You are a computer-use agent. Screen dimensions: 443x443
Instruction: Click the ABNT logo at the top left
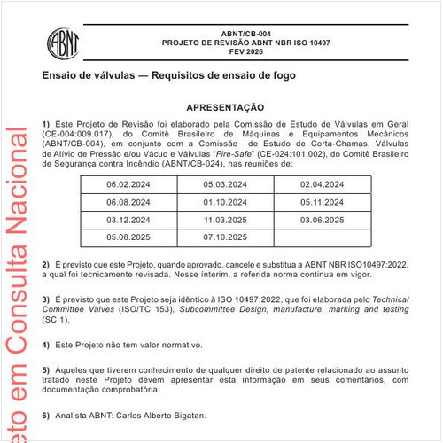tap(65, 40)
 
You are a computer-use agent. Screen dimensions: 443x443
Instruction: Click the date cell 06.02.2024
tap(129, 184)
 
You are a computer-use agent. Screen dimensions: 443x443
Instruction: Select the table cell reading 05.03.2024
tap(226, 184)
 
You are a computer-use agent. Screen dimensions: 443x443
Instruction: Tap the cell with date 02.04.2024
tap(323, 184)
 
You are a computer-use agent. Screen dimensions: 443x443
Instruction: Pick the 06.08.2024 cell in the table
tap(129, 202)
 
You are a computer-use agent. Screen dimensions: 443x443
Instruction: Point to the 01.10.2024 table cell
tap(226, 202)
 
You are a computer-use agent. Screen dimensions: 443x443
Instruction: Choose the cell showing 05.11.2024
tap(323, 202)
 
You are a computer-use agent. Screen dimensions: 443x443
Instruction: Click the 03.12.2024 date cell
tap(129, 219)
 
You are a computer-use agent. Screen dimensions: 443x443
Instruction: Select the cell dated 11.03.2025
tap(226, 219)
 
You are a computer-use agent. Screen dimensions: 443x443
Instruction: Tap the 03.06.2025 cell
tap(323, 219)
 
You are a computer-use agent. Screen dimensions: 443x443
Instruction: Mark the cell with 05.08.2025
tap(129, 237)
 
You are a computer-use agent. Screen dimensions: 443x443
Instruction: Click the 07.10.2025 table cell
tap(226, 237)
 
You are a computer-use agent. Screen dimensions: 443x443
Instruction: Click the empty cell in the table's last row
tap(323, 237)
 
